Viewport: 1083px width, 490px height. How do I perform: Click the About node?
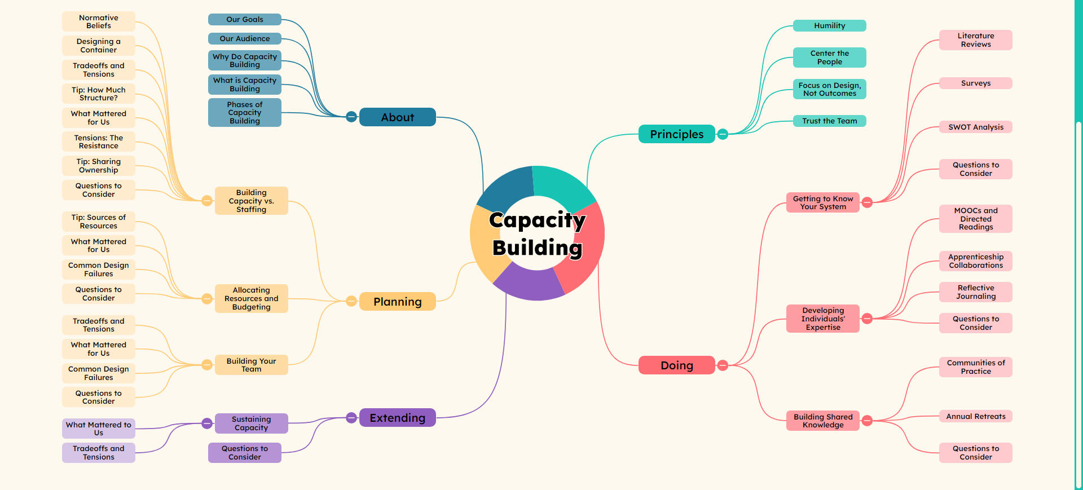pos(397,117)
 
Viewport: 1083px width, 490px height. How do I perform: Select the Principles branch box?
pos(676,134)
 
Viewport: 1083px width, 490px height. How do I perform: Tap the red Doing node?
pos(676,365)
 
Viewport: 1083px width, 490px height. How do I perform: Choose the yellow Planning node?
pos(397,302)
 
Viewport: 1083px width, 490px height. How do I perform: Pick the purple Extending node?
pos(397,418)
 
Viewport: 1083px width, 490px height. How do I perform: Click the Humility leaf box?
pos(829,26)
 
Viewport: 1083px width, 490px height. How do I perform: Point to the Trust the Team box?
pos(829,121)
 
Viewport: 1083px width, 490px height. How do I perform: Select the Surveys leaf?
pos(975,83)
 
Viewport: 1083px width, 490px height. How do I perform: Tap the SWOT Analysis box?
pos(975,127)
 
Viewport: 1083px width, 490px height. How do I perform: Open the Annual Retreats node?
pos(975,416)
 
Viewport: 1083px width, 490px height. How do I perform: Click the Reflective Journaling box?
pos(975,292)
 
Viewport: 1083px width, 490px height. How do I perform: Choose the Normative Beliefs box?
pos(99,21)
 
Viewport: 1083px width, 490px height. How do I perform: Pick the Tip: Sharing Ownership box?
pos(99,166)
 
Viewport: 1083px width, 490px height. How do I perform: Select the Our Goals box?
pos(244,20)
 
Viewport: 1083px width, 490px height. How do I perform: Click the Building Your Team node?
pos(251,365)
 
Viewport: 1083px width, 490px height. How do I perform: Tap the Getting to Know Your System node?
pos(822,202)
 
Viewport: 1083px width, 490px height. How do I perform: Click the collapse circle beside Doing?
pos(723,365)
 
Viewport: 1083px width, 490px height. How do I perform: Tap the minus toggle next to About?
pos(351,117)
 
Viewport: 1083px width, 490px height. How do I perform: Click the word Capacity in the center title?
pos(537,220)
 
